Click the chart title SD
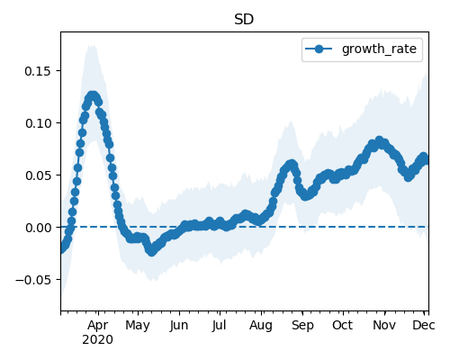(244, 20)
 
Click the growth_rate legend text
(379, 49)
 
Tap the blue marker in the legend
(319, 49)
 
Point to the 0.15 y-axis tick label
(38, 71)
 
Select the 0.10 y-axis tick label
(38, 123)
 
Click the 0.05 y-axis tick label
(38, 175)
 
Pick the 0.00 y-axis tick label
(38, 228)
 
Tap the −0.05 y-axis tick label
(33, 280)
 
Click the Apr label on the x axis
(98, 326)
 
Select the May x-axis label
(138, 326)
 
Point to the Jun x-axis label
(179, 326)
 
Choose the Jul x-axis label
(219, 326)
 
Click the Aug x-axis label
(261, 326)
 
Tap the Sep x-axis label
(302, 326)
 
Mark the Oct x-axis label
(342, 326)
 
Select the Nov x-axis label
(384, 326)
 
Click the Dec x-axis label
(424, 326)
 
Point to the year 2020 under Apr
(98, 340)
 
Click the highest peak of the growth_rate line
(94, 96)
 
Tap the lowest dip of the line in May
(152, 251)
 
